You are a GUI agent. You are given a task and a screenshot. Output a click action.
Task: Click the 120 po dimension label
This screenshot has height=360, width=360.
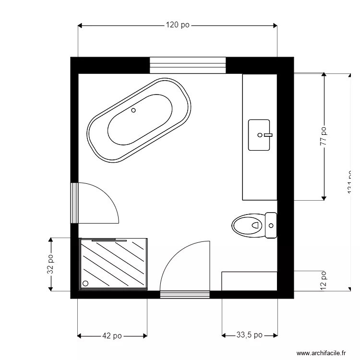coord(178,25)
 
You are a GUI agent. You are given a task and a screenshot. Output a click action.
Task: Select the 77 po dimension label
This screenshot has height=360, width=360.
coord(324,136)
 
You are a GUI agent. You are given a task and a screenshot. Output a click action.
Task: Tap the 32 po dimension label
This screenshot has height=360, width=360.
coord(50,264)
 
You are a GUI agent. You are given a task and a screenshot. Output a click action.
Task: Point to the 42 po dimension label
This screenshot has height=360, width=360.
coord(112,336)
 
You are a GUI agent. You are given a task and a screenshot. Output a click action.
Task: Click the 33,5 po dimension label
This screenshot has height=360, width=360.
coord(250,336)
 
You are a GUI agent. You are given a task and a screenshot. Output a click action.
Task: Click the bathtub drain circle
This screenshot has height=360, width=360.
coord(133,110)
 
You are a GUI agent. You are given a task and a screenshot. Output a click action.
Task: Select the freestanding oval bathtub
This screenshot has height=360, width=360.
coord(139,120)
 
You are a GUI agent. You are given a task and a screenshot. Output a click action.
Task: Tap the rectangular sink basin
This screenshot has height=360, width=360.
coord(260,135)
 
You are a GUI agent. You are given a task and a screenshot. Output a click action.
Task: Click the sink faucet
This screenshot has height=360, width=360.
coord(267,135)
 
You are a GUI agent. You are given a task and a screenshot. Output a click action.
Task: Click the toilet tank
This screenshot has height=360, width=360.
coord(271,225)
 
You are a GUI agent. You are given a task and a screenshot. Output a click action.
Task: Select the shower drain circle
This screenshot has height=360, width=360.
coord(86,284)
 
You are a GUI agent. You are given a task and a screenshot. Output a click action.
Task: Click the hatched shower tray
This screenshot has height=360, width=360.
coord(114,264)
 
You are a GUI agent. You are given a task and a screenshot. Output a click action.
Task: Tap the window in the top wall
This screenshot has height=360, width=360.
coord(188,65)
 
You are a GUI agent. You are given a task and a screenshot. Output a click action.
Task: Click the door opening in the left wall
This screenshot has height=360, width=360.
coord(74,203)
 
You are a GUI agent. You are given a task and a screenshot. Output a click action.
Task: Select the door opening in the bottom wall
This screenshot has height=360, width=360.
coord(185,294)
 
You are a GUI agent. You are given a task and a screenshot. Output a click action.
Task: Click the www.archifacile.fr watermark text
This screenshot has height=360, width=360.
coord(321,353)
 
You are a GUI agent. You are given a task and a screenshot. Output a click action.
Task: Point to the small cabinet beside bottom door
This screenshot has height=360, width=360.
coord(249,281)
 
